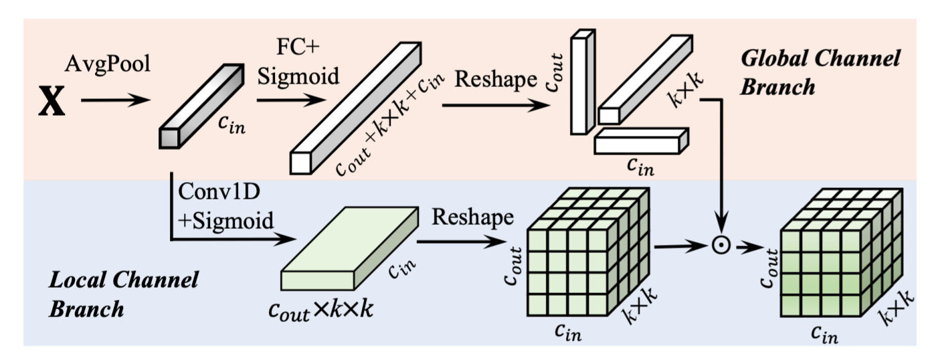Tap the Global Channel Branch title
[820, 72]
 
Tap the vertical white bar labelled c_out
[581, 82]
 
